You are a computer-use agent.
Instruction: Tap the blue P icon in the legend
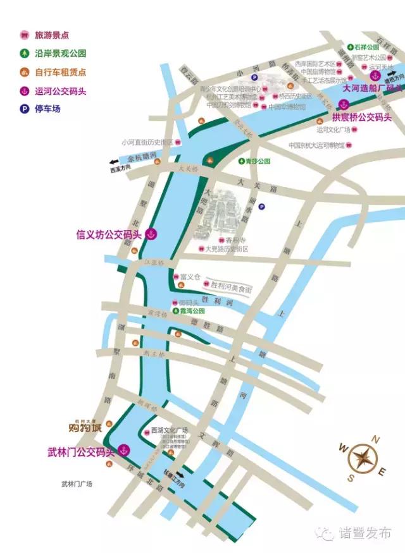click(24, 108)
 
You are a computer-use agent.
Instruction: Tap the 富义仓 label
click(190, 276)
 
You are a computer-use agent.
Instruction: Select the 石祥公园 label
click(368, 47)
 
